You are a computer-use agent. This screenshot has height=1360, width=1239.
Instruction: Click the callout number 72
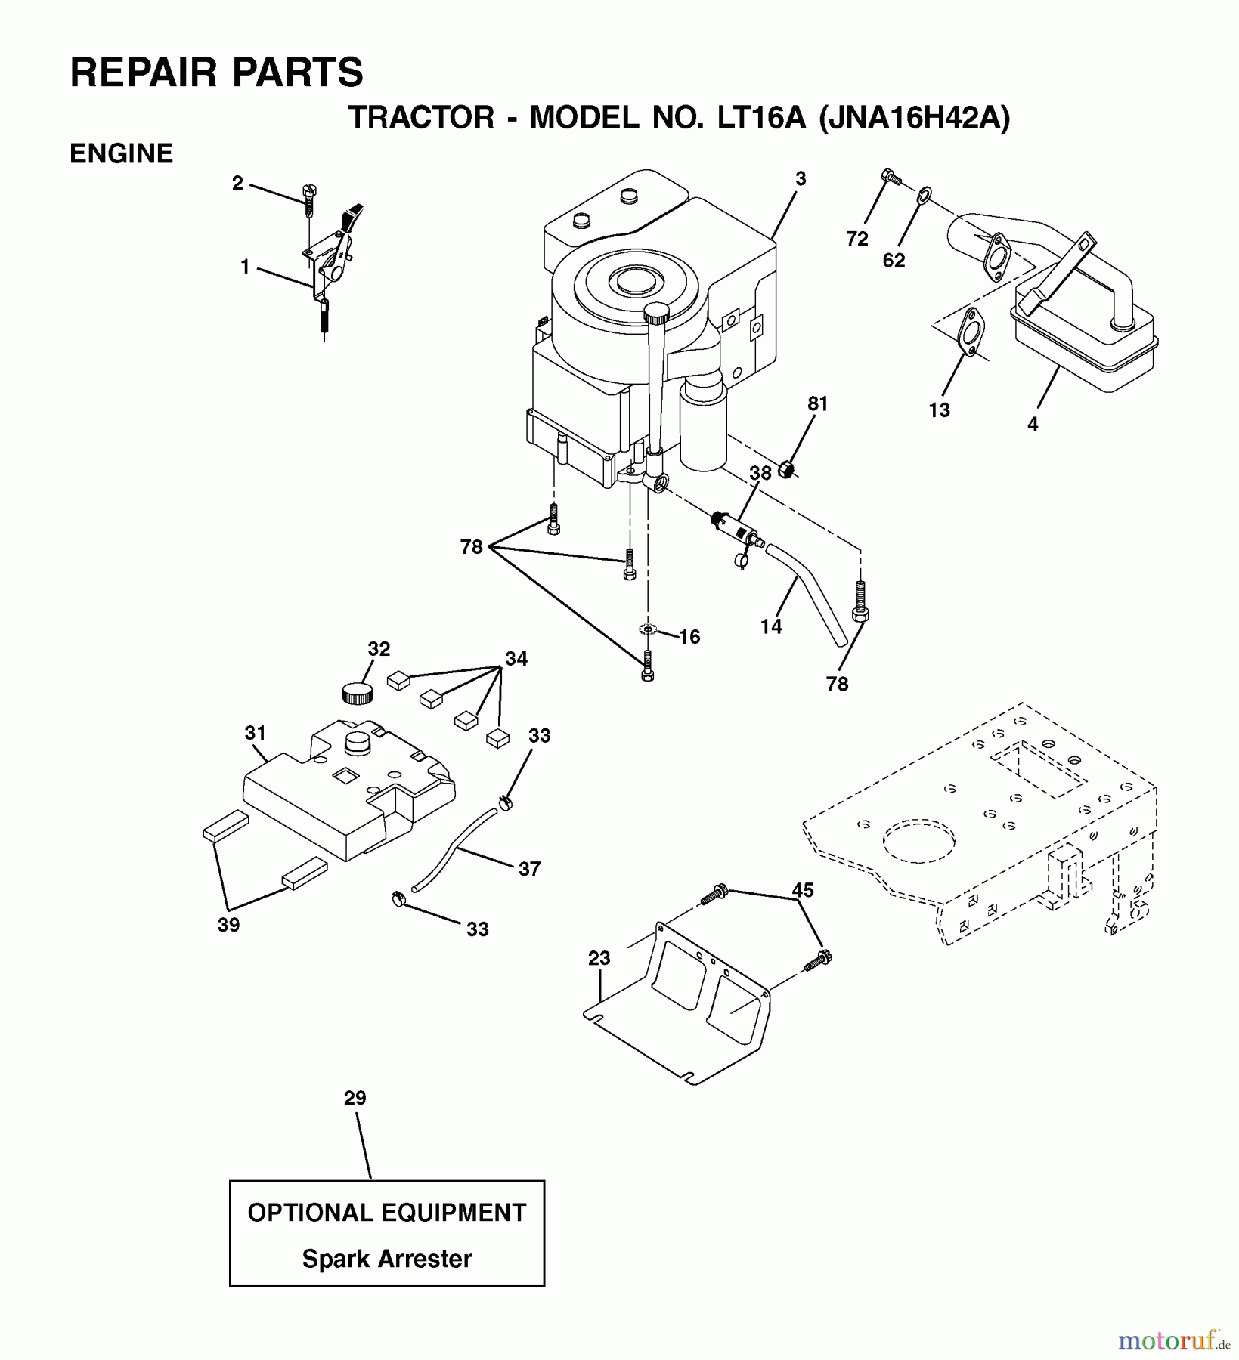(856, 239)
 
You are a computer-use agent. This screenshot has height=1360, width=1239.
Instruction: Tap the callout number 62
(894, 261)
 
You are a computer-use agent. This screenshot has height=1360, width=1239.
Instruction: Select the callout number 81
(818, 403)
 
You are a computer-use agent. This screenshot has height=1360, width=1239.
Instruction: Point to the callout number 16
(689, 637)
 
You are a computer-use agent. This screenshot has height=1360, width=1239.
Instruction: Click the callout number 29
(355, 1098)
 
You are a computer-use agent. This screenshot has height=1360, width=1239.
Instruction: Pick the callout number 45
(802, 890)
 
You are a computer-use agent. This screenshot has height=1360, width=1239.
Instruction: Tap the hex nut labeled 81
(786, 470)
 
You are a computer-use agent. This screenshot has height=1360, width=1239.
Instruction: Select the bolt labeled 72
(891, 178)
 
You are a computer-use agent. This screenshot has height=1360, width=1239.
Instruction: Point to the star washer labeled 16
(647, 629)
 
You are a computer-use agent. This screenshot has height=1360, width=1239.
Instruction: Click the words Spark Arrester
(386, 1259)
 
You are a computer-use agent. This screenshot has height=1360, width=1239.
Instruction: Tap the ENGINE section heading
(121, 153)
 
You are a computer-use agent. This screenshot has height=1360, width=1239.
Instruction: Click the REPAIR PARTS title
(216, 73)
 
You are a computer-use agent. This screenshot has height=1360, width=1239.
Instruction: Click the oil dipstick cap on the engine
(658, 311)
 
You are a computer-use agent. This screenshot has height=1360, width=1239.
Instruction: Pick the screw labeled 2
(308, 197)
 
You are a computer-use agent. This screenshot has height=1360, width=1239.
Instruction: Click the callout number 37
(529, 869)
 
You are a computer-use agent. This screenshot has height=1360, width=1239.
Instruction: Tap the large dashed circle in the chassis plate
(918, 840)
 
